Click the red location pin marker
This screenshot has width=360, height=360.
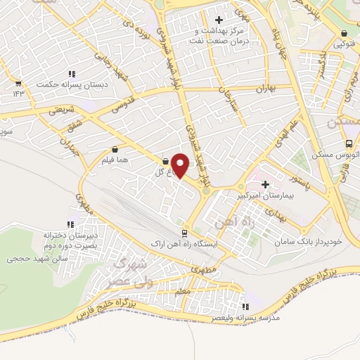tap(181, 165)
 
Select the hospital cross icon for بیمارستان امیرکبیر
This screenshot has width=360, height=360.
tap(264, 165)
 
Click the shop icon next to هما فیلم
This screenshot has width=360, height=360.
tap(115, 150)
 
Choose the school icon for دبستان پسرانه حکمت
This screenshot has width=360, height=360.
tap(72, 74)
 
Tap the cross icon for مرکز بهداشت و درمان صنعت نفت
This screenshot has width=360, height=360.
tap(219, 20)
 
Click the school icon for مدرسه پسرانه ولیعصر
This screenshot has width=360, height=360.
tap(245, 307)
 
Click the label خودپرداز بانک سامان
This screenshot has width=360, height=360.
tap(309, 241)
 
